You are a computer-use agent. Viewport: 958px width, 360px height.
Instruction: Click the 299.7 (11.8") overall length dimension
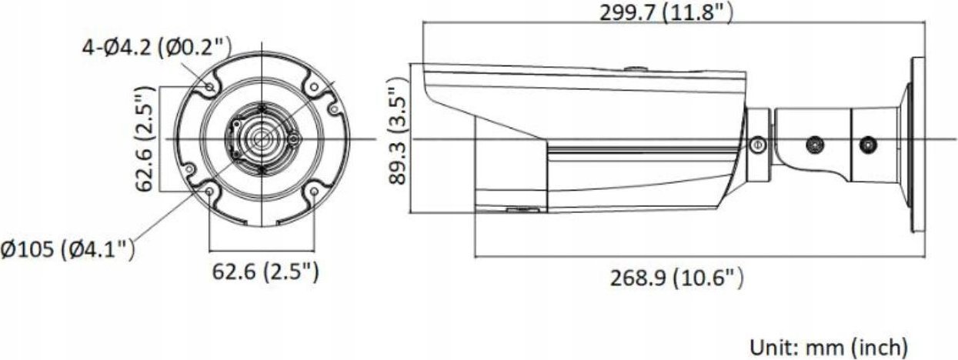(666, 12)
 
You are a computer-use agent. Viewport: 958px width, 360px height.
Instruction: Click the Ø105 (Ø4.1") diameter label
(68, 248)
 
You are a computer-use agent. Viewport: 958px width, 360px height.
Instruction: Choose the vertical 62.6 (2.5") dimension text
(143, 139)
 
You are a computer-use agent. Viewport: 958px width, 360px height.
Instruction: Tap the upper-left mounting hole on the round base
(210, 86)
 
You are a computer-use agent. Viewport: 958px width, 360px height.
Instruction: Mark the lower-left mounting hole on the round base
(210, 192)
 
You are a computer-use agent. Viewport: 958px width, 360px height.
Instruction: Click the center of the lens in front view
(260, 139)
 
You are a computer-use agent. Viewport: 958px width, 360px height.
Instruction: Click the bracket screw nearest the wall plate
(868, 144)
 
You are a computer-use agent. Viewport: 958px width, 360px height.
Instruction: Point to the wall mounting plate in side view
(917, 144)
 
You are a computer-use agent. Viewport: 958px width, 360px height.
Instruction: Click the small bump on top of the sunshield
(635, 68)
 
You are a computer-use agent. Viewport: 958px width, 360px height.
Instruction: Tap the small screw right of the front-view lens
(293, 139)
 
